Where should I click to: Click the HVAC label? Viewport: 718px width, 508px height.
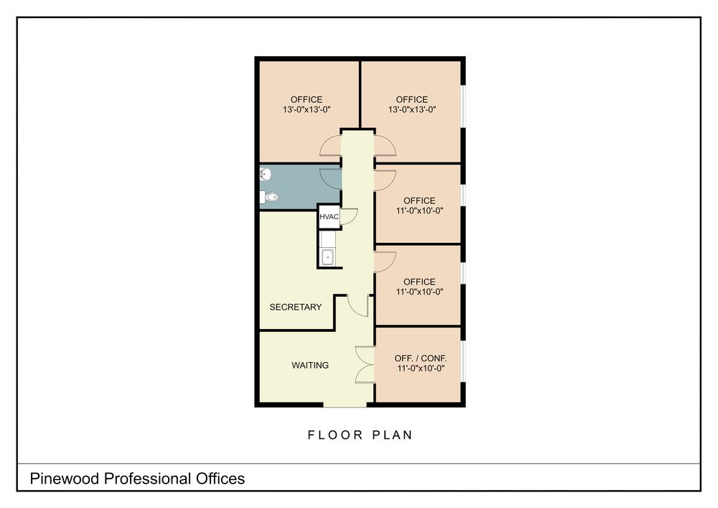pyautogui.click(x=329, y=217)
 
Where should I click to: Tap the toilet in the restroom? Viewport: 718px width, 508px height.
pyautogui.click(x=269, y=198)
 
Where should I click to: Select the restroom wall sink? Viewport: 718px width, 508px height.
pyautogui.click(x=265, y=175)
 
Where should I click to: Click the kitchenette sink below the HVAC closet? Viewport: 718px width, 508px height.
pyautogui.click(x=327, y=257)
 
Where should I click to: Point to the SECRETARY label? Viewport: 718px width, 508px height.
pyautogui.click(x=295, y=307)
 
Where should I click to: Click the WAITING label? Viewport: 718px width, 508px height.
pyautogui.click(x=310, y=365)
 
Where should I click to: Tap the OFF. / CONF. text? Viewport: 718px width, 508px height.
pyautogui.click(x=420, y=359)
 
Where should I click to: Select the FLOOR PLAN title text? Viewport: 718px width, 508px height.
pyautogui.click(x=360, y=435)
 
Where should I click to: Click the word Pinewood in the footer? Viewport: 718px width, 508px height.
pyautogui.click(x=65, y=479)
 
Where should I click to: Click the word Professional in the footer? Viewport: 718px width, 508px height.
pyautogui.click(x=148, y=479)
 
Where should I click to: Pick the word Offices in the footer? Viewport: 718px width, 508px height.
pyautogui.click(x=220, y=479)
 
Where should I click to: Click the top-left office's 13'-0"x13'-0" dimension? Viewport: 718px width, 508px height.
pyautogui.click(x=307, y=109)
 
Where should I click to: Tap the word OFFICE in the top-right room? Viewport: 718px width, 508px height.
pyautogui.click(x=411, y=99)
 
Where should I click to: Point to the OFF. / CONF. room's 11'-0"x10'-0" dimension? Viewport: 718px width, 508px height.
pyautogui.click(x=420, y=369)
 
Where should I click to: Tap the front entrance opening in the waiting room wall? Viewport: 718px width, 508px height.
pyautogui.click(x=345, y=405)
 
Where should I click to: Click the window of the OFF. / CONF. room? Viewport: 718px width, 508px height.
pyautogui.click(x=463, y=361)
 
